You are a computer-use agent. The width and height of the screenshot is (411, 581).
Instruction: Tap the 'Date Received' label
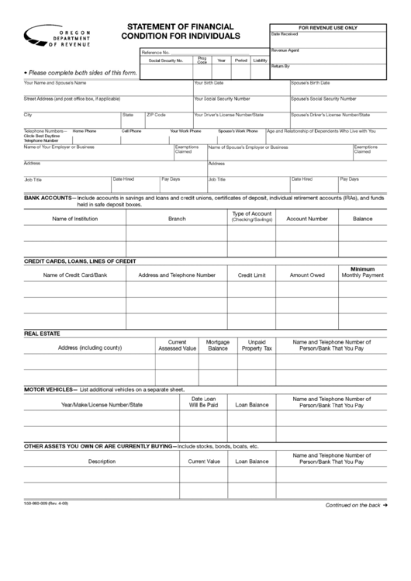point(285,34)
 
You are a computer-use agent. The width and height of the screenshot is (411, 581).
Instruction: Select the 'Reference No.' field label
point(155,51)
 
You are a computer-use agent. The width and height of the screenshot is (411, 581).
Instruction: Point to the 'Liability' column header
point(260,60)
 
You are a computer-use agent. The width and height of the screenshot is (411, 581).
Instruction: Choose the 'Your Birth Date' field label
point(209,82)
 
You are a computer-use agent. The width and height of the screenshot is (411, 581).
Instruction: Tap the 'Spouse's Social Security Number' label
point(323,99)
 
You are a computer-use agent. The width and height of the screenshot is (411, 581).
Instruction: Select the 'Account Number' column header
point(307,219)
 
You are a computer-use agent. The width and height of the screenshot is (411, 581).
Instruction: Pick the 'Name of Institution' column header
point(75,219)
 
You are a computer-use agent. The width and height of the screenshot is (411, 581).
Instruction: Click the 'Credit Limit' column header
point(251,275)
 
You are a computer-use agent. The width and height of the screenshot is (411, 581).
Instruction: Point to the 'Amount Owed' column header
point(307,275)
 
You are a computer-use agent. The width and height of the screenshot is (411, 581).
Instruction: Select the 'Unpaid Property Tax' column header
point(257,345)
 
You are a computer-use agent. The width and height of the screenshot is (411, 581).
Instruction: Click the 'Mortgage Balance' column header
point(218,345)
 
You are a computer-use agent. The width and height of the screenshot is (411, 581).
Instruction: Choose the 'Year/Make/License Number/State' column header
point(102,404)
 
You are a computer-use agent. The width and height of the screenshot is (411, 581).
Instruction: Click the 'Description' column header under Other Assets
point(102,461)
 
